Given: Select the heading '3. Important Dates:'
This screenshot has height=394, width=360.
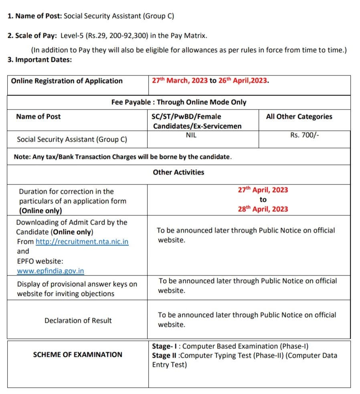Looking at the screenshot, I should [x=40, y=60].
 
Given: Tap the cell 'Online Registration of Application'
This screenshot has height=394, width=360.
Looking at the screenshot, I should [x=67, y=81].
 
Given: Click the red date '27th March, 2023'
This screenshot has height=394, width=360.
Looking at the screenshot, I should [x=180, y=81].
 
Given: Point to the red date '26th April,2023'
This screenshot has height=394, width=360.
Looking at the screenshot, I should [x=243, y=81].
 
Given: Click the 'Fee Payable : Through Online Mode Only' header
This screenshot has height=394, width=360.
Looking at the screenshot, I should [x=179, y=102].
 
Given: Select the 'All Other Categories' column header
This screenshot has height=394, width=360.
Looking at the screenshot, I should [x=299, y=117].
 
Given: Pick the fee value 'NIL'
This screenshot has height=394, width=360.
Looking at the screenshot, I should [x=191, y=135].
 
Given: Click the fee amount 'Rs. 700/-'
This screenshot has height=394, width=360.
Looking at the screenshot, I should [x=305, y=135].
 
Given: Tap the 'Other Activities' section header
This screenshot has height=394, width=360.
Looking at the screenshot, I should [x=178, y=172].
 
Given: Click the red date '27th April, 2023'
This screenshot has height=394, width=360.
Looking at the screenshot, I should [x=263, y=190].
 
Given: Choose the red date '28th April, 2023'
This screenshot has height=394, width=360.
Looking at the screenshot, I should [x=263, y=209].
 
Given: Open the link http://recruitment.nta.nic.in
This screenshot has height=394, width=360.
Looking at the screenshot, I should [x=82, y=242].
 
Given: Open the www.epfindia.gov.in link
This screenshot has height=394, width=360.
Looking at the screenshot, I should [x=51, y=271].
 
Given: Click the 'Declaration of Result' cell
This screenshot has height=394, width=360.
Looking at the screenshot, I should [x=78, y=321].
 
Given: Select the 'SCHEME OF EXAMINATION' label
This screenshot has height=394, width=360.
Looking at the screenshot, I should [x=78, y=355].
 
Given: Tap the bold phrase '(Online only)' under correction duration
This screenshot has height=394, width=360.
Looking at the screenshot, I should [x=40, y=211].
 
